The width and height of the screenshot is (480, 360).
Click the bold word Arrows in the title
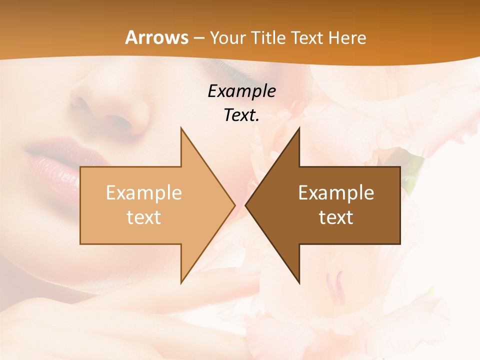point(157,37)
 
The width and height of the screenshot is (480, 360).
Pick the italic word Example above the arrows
point(241,91)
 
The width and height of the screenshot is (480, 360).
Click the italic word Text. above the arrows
point(241,115)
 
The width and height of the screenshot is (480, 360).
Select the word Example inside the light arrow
point(143,192)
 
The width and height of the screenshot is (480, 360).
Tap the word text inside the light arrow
point(143,217)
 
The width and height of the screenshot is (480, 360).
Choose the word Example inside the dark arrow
point(336,192)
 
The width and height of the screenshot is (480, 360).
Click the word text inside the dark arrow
point(336,217)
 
